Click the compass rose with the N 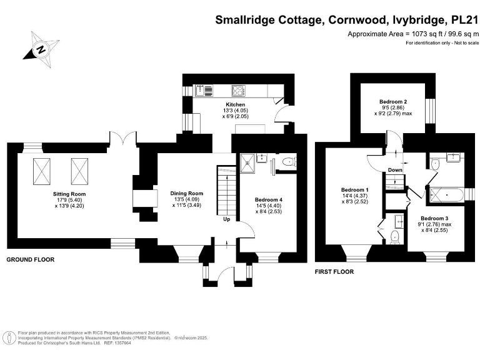point(40,48)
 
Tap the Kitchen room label point(235,104)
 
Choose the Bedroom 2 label point(393,101)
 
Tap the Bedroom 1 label point(354,190)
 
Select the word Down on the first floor point(395,170)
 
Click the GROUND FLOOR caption point(30,259)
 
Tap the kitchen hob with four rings point(237,89)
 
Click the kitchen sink point(201,89)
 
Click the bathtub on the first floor point(446,195)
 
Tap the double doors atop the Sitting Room point(122,139)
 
